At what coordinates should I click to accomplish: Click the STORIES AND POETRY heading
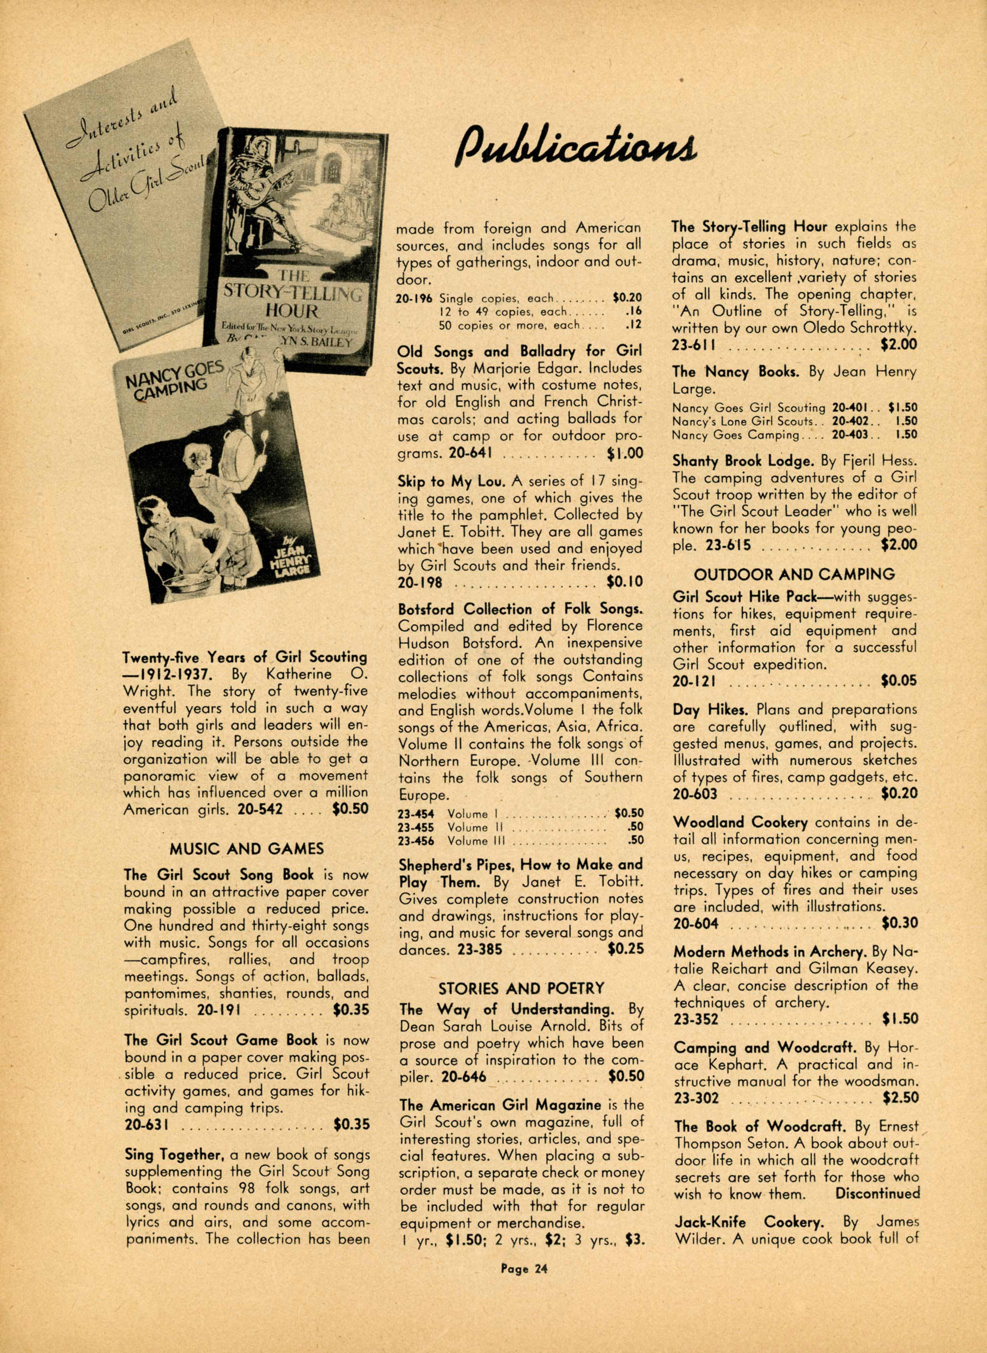coord(522,988)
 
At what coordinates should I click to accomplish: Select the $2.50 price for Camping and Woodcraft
coord(900,1098)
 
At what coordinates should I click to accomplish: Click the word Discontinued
coord(877,1194)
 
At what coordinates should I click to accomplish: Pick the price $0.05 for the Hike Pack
coord(899,681)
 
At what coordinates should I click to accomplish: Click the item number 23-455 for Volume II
coord(416,827)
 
